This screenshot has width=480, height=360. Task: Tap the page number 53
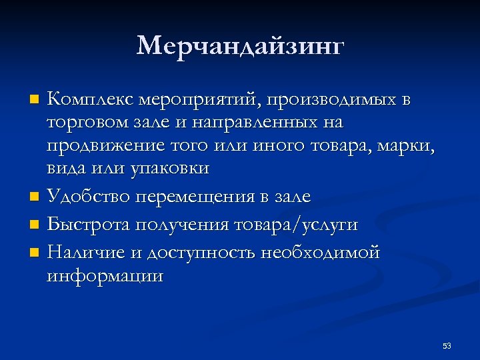pos(447,346)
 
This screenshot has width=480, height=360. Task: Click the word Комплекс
pos(91,100)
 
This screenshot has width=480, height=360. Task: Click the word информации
pos(105,276)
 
